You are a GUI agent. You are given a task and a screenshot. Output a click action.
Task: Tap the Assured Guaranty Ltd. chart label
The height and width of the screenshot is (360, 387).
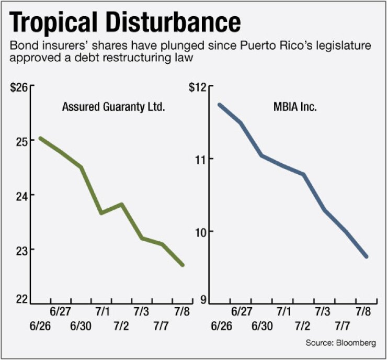[x=113, y=108]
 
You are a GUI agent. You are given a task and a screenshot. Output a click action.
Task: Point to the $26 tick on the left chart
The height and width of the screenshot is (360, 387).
[x=18, y=87]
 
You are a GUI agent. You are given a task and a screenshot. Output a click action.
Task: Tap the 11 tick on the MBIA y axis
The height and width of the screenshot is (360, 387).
[x=203, y=159]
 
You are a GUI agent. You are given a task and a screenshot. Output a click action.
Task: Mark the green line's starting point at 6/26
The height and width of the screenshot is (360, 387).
[x=40, y=139]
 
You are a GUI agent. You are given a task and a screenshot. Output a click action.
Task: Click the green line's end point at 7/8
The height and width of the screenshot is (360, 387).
[x=182, y=265]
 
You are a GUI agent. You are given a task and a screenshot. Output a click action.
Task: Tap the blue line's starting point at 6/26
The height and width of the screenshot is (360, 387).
[x=220, y=105]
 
